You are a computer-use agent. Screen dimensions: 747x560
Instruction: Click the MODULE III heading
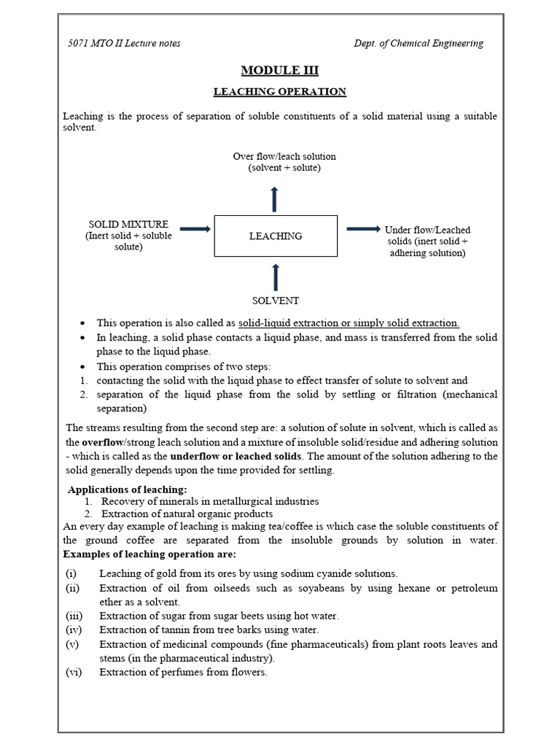click(280, 70)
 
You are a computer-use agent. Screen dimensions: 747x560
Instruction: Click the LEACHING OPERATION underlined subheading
click(279, 92)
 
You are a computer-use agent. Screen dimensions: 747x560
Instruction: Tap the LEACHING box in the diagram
click(276, 236)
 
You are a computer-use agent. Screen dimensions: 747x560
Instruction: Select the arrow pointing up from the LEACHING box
click(274, 199)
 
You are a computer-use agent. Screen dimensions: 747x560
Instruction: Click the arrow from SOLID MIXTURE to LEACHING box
click(195, 229)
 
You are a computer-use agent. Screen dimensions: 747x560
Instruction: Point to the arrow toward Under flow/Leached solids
click(363, 229)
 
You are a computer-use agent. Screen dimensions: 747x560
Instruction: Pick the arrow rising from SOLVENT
click(275, 277)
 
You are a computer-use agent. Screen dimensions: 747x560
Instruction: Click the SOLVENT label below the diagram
click(276, 301)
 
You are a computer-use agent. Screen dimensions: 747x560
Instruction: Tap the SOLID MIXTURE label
click(128, 224)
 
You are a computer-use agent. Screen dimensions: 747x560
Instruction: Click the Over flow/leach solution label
click(284, 156)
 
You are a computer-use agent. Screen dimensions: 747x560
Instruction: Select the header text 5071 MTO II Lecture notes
click(124, 43)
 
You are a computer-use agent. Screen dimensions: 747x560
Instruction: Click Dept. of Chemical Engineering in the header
click(419, 43)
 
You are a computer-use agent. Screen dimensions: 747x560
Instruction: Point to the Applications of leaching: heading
click(128, 489)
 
